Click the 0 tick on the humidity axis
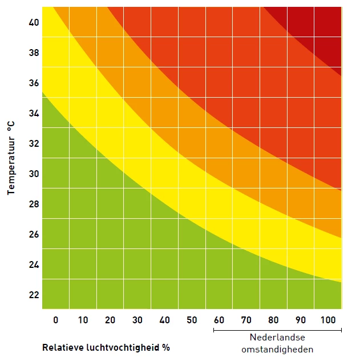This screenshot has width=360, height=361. point(56,320)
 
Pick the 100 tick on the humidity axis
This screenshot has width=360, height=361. point(329,320)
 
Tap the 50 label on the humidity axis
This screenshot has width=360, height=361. point(192,320)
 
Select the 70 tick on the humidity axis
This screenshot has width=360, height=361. point(247,320)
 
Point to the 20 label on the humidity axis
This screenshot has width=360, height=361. point(110,320)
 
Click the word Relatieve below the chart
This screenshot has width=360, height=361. point(60,347)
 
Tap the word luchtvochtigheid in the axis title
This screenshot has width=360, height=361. point(120,347)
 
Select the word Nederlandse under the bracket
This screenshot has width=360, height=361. point(277,338)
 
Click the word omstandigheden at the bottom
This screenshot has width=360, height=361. point(277,349)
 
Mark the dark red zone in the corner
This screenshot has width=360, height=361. point(319,26)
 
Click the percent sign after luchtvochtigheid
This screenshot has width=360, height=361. point(167,347)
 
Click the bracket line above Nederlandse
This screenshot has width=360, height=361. point(277,330)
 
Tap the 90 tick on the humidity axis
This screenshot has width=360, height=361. point(302,320)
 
